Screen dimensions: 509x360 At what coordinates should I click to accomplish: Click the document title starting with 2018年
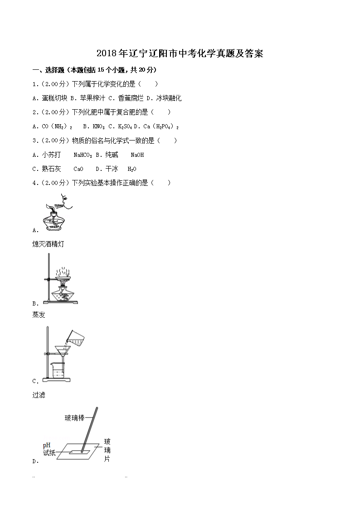click(x=180, y=54)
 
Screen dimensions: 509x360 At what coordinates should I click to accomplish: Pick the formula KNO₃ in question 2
click(x=98, y=126)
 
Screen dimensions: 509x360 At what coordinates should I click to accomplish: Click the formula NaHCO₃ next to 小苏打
click(x=83, y=155)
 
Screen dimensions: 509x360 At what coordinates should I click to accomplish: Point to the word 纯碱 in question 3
click(x=112, y=155)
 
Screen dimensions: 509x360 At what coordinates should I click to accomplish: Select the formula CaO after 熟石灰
click(x=78, y=169)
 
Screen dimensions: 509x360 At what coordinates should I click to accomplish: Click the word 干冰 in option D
click(x=112, y=169)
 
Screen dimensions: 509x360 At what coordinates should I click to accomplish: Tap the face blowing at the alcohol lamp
click(x=66, y=201)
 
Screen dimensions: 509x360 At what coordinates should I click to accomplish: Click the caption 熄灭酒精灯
click(x=48, y=244)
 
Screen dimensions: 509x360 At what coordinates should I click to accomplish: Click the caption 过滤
click(x=39, y=395)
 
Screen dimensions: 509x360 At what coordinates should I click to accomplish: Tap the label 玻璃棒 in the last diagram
click(x=74, y=418)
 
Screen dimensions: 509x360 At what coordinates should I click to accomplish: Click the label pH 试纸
click(x=49, y=449)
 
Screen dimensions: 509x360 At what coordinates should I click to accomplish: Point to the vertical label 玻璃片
click(x=107, y=451)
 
